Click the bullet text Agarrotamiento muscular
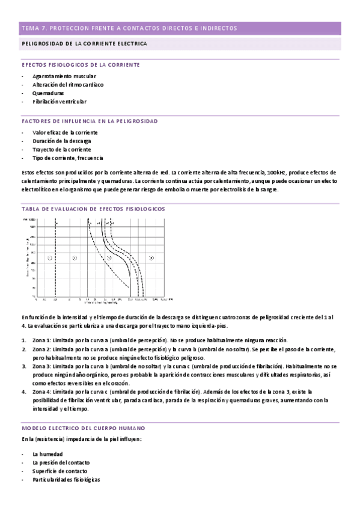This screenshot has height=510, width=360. point(64,76)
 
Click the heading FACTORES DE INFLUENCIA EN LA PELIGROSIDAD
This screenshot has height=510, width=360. point(89,121)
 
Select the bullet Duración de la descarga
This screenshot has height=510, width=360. point(62,141)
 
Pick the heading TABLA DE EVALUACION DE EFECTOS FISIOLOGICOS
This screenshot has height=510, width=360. point(93,208)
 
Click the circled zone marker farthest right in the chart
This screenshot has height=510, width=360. point(151,257)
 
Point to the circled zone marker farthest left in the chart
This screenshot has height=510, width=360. point(50,257)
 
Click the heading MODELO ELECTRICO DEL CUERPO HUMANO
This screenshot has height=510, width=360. point(82,428)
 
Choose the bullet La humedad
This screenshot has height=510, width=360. point(49,454)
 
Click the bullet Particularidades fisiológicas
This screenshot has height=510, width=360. point(66,479)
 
